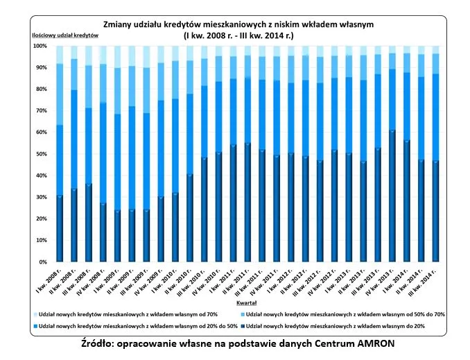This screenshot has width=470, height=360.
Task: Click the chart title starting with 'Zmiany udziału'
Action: (x=243, y=24)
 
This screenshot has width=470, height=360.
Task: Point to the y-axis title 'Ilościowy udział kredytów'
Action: (x=55, y=35)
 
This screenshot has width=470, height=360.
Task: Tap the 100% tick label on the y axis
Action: (x=40, y=46)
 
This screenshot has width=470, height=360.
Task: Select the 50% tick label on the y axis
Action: (x=41, y=154)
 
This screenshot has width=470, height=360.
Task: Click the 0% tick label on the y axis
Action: (x=43, y=262)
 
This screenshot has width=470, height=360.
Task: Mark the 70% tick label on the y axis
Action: (x=41, y=111)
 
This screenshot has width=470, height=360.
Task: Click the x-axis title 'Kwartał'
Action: (x=243, y=303)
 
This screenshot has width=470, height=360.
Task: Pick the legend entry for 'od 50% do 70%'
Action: (x=346, y=314)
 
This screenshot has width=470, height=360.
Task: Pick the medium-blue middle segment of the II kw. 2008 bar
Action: (x=74, y=139)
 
